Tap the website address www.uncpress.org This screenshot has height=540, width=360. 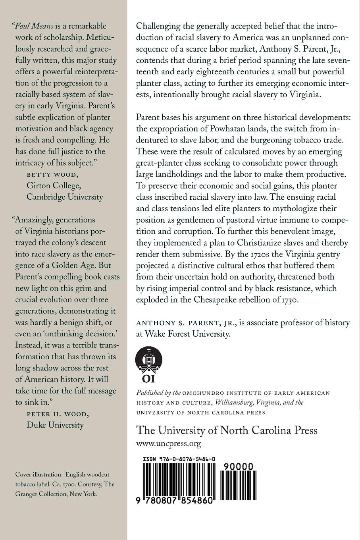tap(168, 444)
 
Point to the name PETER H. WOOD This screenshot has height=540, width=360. tap(58, 414)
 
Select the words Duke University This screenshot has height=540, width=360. tap(55, 425)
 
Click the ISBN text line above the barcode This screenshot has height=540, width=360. tap(179, 459)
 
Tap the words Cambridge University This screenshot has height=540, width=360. tap(65, 197)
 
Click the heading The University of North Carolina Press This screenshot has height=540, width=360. tap(227, 430)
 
